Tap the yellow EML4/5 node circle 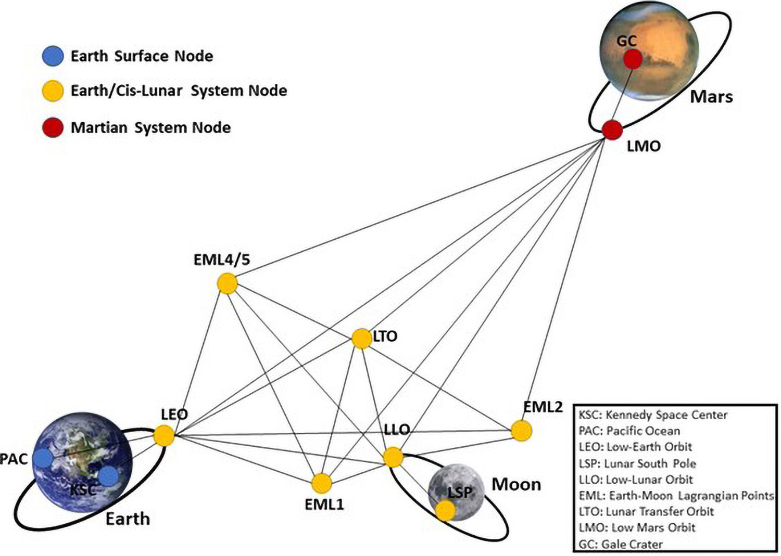[227, 284]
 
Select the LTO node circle [361, 339]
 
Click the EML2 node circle [521, 431]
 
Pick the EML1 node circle [322, 483]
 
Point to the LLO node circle [393, 457]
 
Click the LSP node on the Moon [445, 511]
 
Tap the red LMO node [612, 130]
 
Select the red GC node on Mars [633, 59]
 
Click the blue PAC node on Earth [42, 458]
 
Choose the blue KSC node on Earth [108, 476]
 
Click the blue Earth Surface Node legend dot [53, 56]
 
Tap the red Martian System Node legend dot [53, 127]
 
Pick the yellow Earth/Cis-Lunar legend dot [53, 91]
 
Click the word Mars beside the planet [711, 97]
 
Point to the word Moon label [516, 485]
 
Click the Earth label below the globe [128, 519]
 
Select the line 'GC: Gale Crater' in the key [621, 544]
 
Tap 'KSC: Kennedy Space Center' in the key [653, 415]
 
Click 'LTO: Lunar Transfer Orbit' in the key [646, 511]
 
